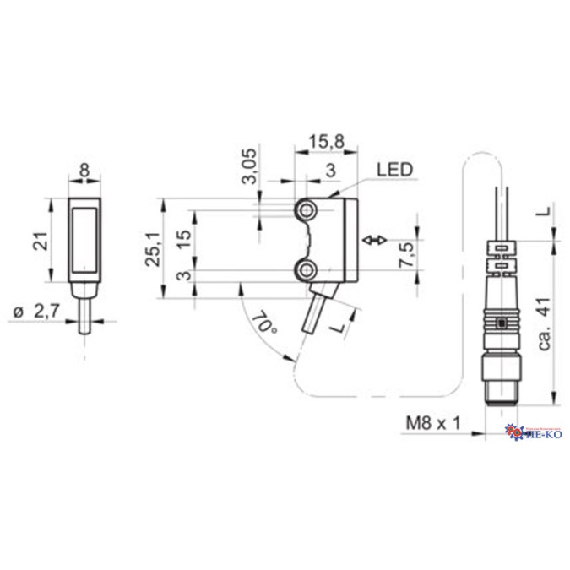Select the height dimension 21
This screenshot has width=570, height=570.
click(37, 242)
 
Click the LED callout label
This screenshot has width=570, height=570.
click(394, 170)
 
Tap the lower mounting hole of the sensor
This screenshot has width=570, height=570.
click(305, 269)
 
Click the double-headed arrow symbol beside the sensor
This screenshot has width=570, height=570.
click(373, 242)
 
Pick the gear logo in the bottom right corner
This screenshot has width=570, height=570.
click(513, 432)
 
